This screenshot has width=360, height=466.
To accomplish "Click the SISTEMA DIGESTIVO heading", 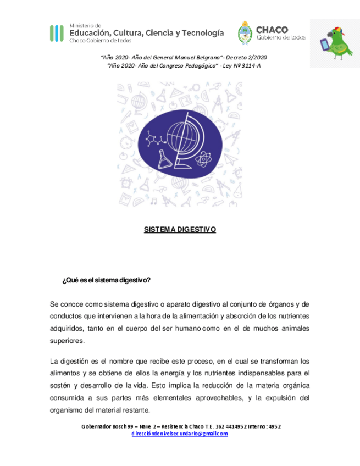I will [x=180, y=229].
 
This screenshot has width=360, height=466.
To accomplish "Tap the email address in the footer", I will [x=180, y=434].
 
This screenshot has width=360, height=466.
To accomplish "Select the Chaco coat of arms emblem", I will [x=245, y=33].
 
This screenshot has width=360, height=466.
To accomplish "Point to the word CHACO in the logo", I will [x=272, y=30].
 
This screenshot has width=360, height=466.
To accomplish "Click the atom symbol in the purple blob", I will [x=203, y=160].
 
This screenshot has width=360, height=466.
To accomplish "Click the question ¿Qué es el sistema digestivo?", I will [x=107, y=280].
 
